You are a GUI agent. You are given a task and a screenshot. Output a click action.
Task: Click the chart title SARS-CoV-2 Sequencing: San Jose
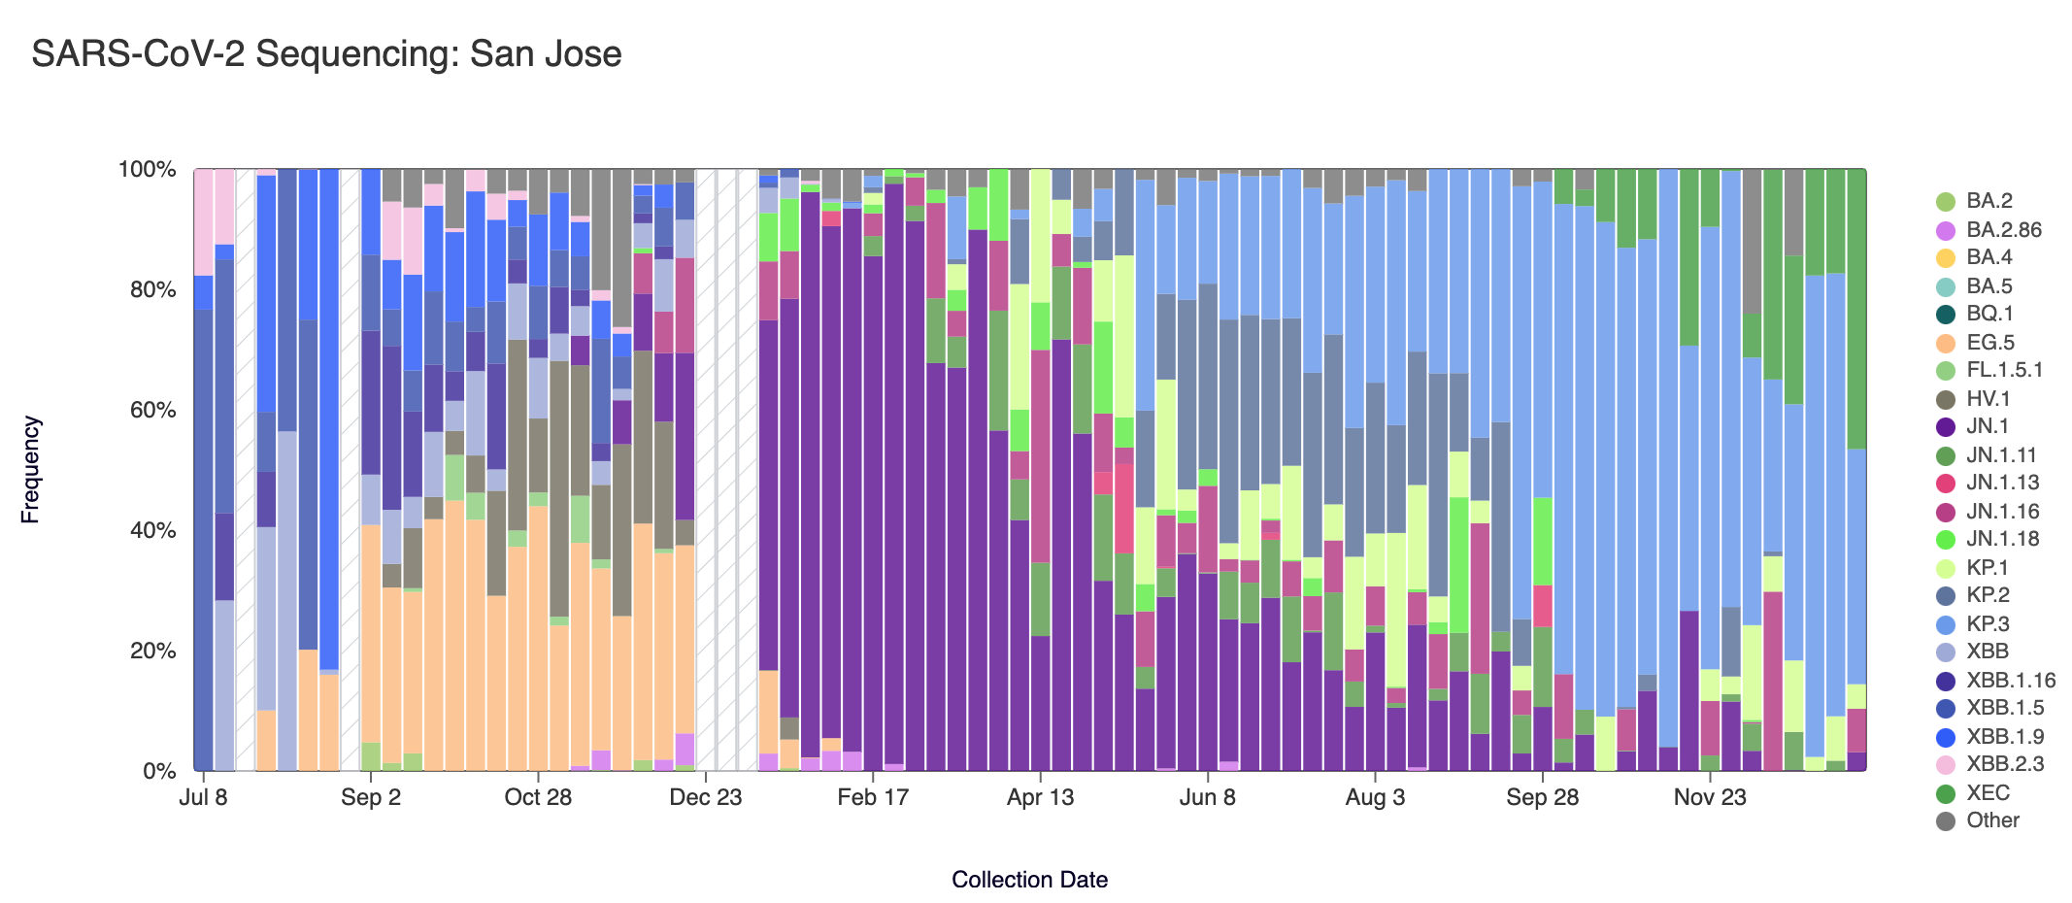click(326, 54)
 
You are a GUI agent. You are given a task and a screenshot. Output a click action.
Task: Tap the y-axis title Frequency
click(30, 470)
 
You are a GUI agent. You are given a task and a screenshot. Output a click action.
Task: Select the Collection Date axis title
click(1029, 880)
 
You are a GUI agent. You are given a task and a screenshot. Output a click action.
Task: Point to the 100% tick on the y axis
click(147, 170)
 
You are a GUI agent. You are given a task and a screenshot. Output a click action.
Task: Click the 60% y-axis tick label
click(149, 411)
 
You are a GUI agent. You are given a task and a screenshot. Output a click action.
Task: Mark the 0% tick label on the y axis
click(159, 772)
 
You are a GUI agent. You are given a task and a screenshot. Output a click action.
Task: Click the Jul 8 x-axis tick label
click(204, 798)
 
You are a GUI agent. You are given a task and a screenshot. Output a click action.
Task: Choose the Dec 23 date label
click(706, 798)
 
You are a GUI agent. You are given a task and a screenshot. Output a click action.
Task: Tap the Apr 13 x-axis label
click(1040, 798)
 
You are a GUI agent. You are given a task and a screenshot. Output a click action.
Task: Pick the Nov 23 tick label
click(1710, 798)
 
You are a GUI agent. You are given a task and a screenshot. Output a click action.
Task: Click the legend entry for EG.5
click(1990, 343)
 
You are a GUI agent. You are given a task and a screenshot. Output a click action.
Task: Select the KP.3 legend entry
click(1988, 624)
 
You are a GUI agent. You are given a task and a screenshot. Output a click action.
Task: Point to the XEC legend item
click(1988, 793)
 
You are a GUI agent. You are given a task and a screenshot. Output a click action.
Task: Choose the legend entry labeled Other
click(1992, 820)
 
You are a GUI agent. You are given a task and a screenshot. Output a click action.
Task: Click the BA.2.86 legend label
click(2004, 230)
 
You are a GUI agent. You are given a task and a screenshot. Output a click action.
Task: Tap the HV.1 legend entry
click(1988, 399)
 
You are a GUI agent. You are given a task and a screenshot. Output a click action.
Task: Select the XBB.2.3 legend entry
click(2005, 764)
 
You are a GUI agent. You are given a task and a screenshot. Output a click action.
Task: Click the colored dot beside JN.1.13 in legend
click(1946, 484)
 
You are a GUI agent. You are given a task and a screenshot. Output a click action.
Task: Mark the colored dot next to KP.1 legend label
click(1946, 568)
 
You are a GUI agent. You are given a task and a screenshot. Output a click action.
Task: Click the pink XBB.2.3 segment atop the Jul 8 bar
click(204, 222)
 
